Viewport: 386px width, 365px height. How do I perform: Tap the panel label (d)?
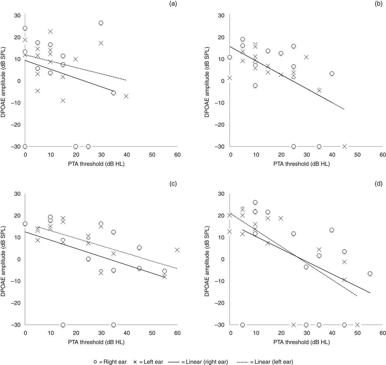coord(379,184)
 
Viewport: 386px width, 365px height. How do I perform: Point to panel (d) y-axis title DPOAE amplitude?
coord(207,259)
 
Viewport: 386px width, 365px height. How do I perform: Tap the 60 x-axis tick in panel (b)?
coord(382,155)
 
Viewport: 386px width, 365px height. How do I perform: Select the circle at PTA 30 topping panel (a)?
coord(101,23)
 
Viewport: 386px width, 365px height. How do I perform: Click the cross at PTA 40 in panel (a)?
coord(126,96)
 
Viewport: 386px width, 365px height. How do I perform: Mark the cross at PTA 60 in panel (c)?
coord(177,250)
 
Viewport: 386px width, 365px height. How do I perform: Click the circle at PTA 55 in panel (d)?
coord(370,273)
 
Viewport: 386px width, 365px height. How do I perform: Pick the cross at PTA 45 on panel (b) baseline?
coord(344,146)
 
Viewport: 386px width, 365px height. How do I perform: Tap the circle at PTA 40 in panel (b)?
coord(332,73)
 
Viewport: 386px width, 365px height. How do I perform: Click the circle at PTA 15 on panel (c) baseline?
coord(63,325)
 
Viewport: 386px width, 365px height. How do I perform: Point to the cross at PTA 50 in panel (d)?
coord(357,325)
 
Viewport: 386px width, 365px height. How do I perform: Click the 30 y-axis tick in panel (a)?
coord(17,15)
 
